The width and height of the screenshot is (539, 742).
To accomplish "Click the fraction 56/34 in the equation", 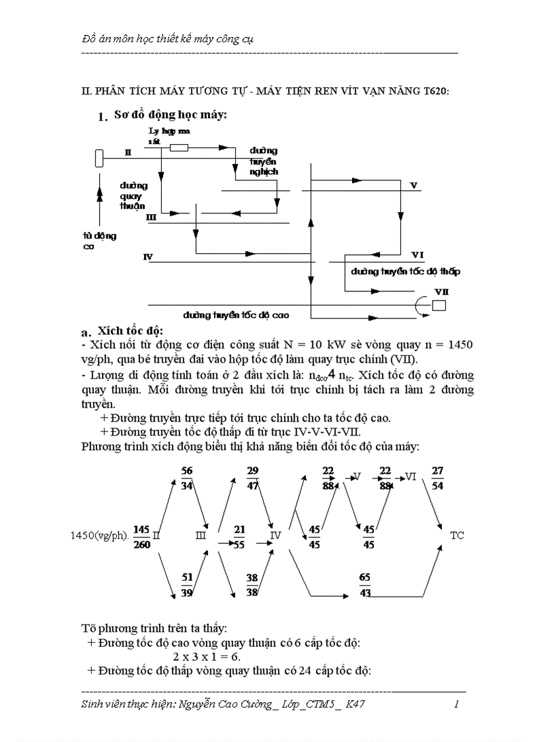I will click(x=186, y=477).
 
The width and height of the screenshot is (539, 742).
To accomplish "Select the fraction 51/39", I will click(x=186, y=585).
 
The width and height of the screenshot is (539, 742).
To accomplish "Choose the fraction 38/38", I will click(x=252, y=585).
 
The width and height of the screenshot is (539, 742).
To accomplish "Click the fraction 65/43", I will click(x=365, y=585).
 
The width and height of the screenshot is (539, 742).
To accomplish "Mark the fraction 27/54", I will click(x=437, y=477).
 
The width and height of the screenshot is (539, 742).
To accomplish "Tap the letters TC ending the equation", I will click(x=457, y=535).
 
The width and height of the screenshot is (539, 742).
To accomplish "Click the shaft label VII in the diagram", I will click(x=441, y=291).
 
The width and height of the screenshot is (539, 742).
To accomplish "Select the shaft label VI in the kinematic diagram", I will click(x=417, y=255).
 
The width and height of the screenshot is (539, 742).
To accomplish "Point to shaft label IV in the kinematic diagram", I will click(x=148, y=255).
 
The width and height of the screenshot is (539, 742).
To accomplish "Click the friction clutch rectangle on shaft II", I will click(x=179, y=148).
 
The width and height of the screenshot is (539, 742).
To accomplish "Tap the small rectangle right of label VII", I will click(x=439, y=305).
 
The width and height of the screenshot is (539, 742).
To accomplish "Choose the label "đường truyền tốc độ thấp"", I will click(x=406, y=271).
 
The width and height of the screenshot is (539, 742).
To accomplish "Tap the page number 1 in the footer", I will click(x=456, y=704).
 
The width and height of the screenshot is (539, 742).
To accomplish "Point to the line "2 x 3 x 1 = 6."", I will click(x=207, y=657).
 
